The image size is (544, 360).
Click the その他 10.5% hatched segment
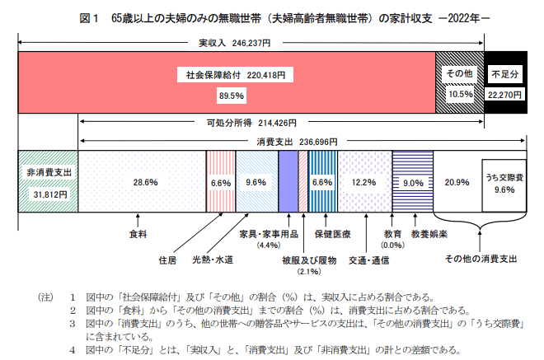[x=459, y=83]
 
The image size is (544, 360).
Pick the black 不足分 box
[x=504, y=83]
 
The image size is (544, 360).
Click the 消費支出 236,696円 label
[x=284, y=141]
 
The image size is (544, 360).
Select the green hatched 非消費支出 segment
[x=47, y=182]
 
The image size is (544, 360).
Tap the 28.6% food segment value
[x=145, y=182]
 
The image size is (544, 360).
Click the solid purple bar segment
[x=288, y=182]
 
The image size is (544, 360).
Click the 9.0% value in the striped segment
[x=412, y=183]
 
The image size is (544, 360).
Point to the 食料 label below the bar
[x=138, y=235]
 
